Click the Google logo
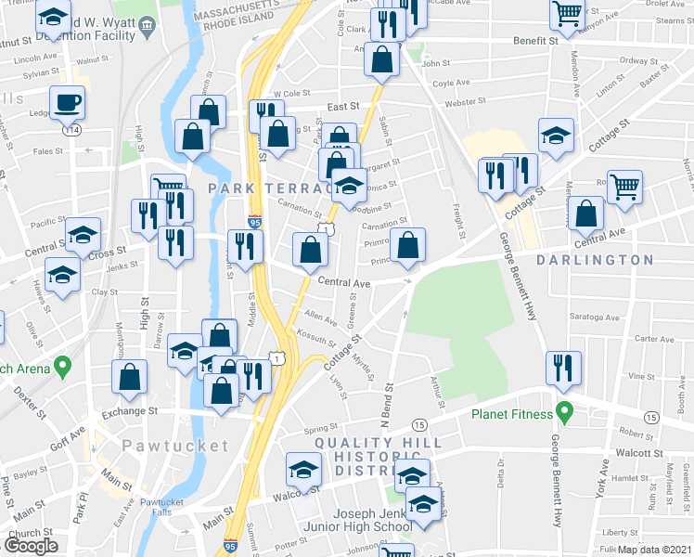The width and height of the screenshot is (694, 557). [x=31, y=545]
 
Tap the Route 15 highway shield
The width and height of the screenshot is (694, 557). [x=420, y=424]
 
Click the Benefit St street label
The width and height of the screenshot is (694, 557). [x=539, y=41]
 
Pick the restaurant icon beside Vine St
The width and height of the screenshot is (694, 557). [x=563, y=367]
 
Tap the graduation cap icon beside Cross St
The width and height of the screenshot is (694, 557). [x=83, y=234]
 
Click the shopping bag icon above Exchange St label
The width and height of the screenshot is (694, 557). [x=130, y=377]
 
